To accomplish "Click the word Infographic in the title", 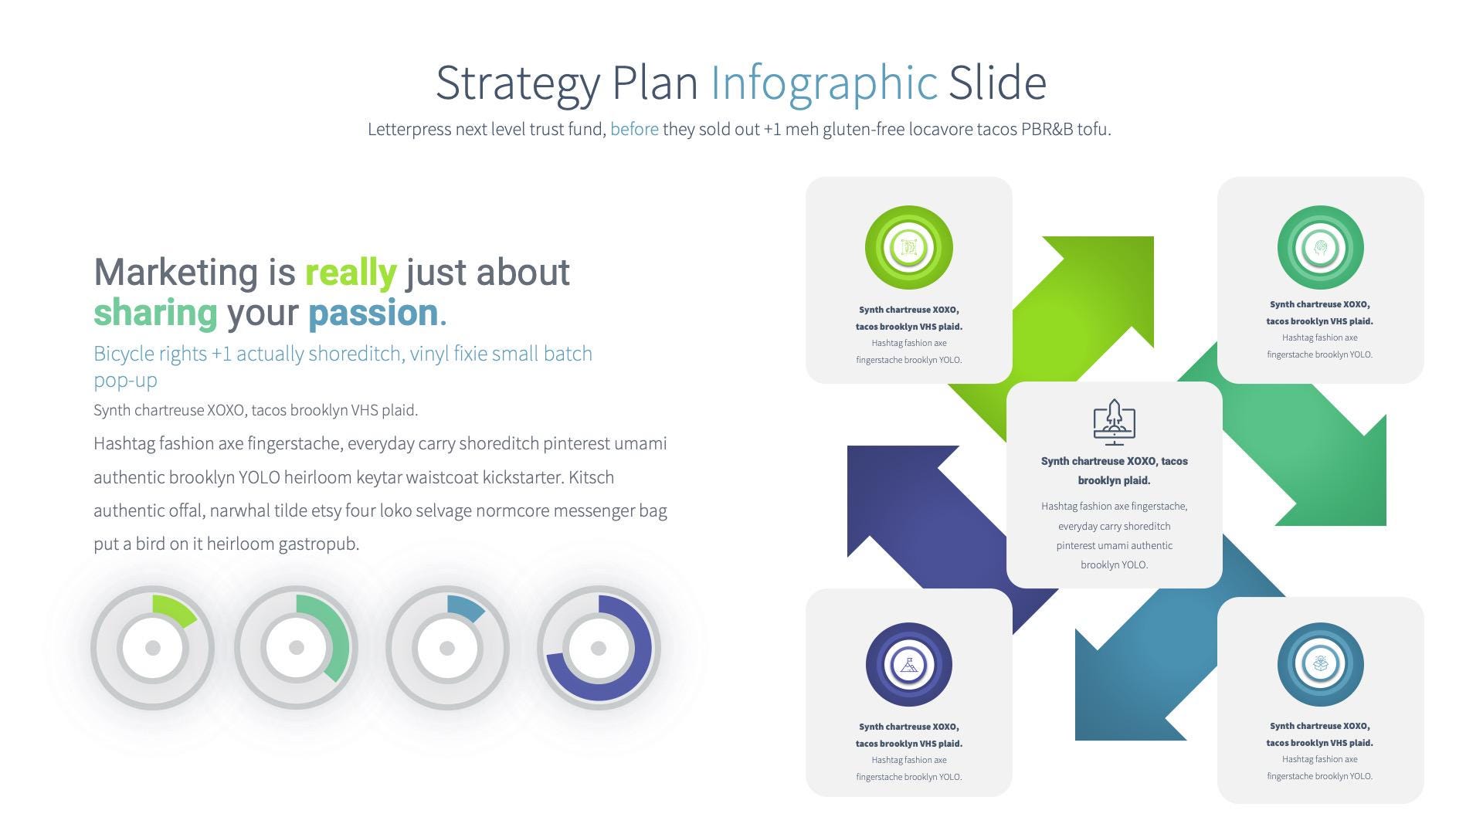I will click(x=823, y=83).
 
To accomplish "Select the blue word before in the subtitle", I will click(x=634, y=129).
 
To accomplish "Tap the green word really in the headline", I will click(x=351, y=273).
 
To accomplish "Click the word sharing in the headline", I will click(x=155, y=313).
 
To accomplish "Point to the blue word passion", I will click(x=373, y=313).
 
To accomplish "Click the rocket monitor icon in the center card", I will click(x=1114, y=422).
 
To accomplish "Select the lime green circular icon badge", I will click(x=908, y=248).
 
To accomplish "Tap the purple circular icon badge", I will click(x=908, y=665).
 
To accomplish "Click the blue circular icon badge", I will click(x=1320, y=664).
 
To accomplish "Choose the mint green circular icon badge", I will click(x=1320, y=248).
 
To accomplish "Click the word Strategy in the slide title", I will click(x=518, y=83).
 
